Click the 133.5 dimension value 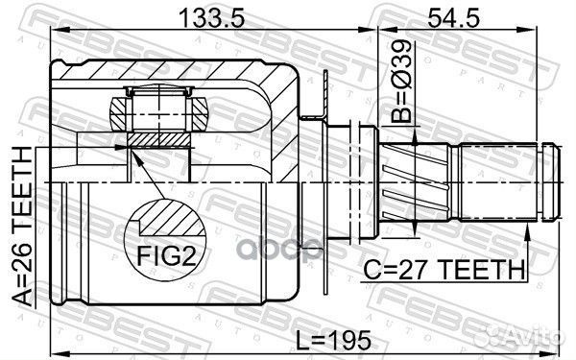pos(211,18)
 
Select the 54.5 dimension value pos(453,18)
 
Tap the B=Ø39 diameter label pos(400,81)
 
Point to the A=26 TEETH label pos(23,227)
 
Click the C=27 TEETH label pos(444,270)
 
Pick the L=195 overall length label pos(333,340)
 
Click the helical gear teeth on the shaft pos(416,182)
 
